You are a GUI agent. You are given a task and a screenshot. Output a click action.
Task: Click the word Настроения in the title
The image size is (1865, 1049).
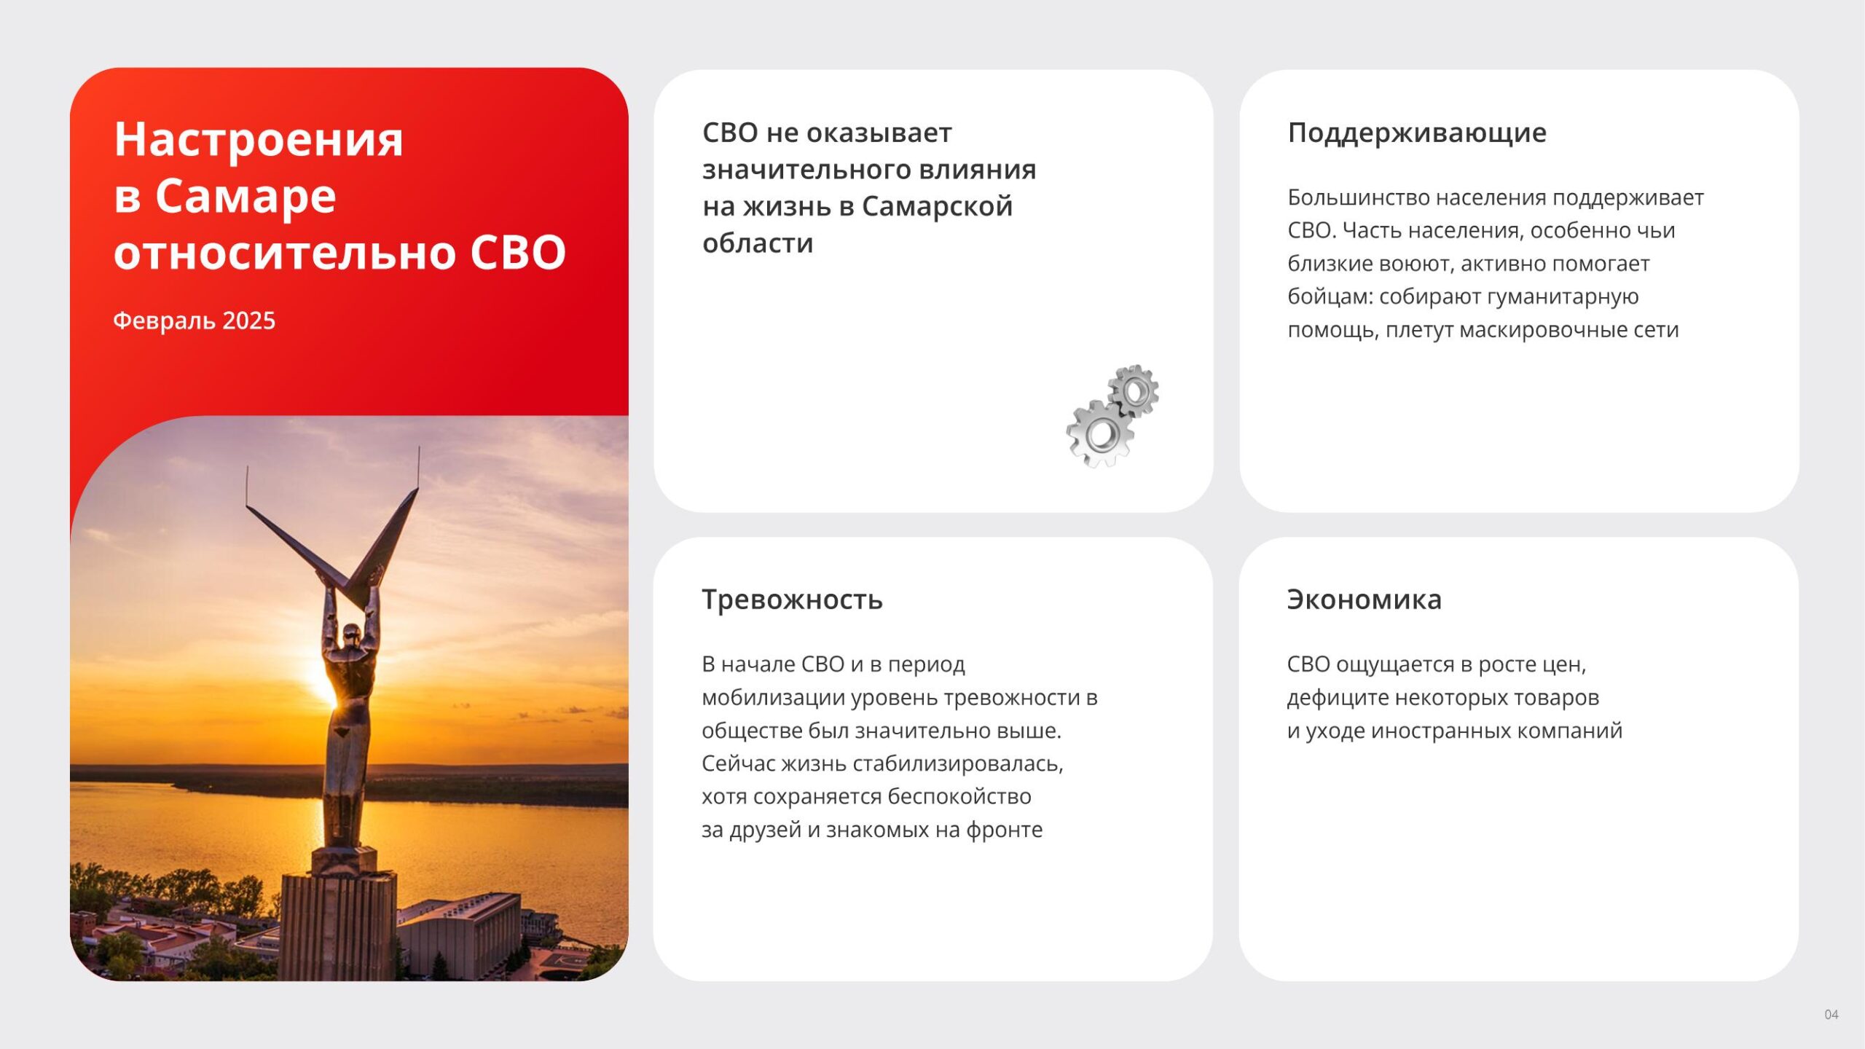coord(259,140)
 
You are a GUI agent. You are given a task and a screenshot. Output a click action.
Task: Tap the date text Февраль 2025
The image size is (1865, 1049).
coord(195,321)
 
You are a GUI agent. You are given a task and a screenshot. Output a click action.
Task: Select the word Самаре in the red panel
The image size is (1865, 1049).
coord(246,197)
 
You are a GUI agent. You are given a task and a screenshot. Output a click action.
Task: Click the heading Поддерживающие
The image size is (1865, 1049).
coord(1417,133)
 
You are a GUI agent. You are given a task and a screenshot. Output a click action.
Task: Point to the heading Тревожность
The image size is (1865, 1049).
coord(792,600)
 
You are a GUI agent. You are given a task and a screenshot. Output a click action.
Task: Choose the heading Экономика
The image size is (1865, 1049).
coord(1364,600)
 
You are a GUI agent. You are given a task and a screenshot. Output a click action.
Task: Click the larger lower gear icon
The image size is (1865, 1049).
coord(1099,434)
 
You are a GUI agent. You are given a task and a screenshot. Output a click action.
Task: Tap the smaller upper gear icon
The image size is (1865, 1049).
coord(1134,391)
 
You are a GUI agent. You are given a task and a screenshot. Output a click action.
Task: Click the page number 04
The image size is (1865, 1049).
coord(1831,1014)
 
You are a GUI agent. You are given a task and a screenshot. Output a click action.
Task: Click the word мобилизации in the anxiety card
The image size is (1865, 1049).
coord(773,698)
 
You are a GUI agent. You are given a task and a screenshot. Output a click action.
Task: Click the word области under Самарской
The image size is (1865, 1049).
coord(758,243)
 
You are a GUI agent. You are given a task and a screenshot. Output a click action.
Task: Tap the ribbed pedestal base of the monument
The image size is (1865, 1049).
coord(339,927)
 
